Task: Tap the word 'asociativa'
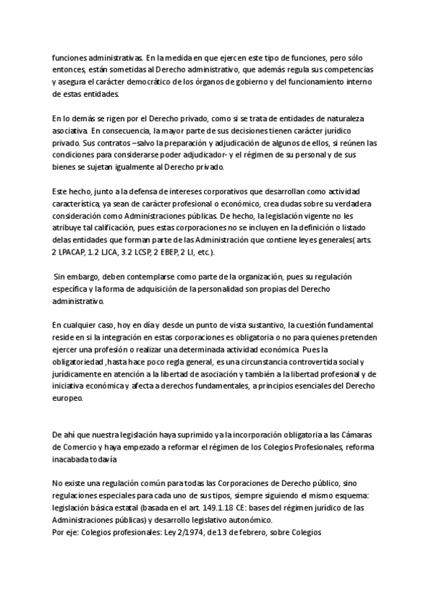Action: pos(70,131)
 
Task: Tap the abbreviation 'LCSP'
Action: pos(158,252)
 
